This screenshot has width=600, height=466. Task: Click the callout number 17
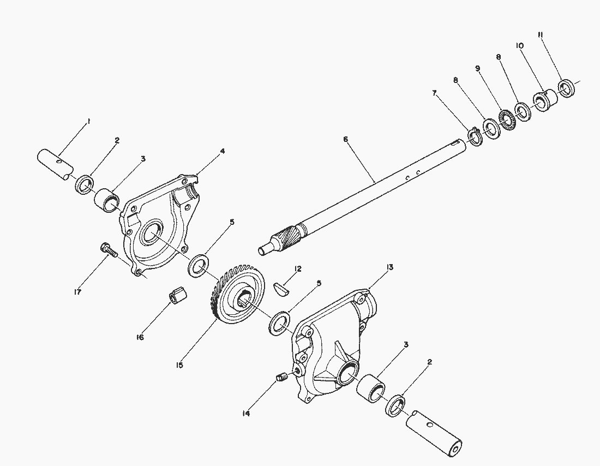[77, 292]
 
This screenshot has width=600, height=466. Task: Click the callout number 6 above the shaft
[345, 140]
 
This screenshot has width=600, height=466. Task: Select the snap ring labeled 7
[474, 136]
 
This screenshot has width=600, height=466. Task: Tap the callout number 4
[223, 151]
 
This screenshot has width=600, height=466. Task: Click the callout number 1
[89, 121]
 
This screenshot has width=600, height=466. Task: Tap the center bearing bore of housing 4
[149, 235]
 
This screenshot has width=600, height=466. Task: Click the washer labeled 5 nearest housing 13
[280, 322]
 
